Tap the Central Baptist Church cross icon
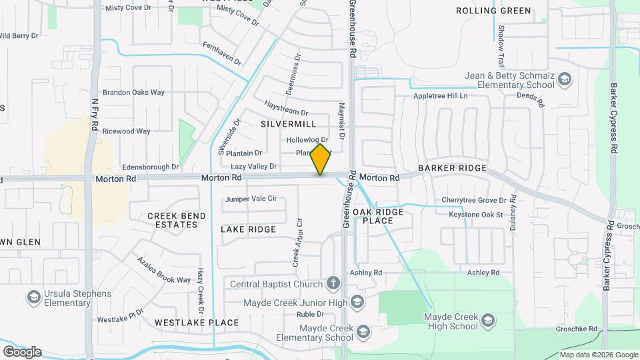[333, 284]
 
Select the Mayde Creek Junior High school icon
[357, 303]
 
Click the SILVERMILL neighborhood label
[288, 124]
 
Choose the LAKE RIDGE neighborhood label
[248, 229]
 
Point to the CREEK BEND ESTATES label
[173, 220]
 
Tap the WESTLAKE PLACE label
[196, 323]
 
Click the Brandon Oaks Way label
[133, 93]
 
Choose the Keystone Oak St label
[475, 215]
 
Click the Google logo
[22, 351]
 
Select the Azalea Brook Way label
[164, 270]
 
